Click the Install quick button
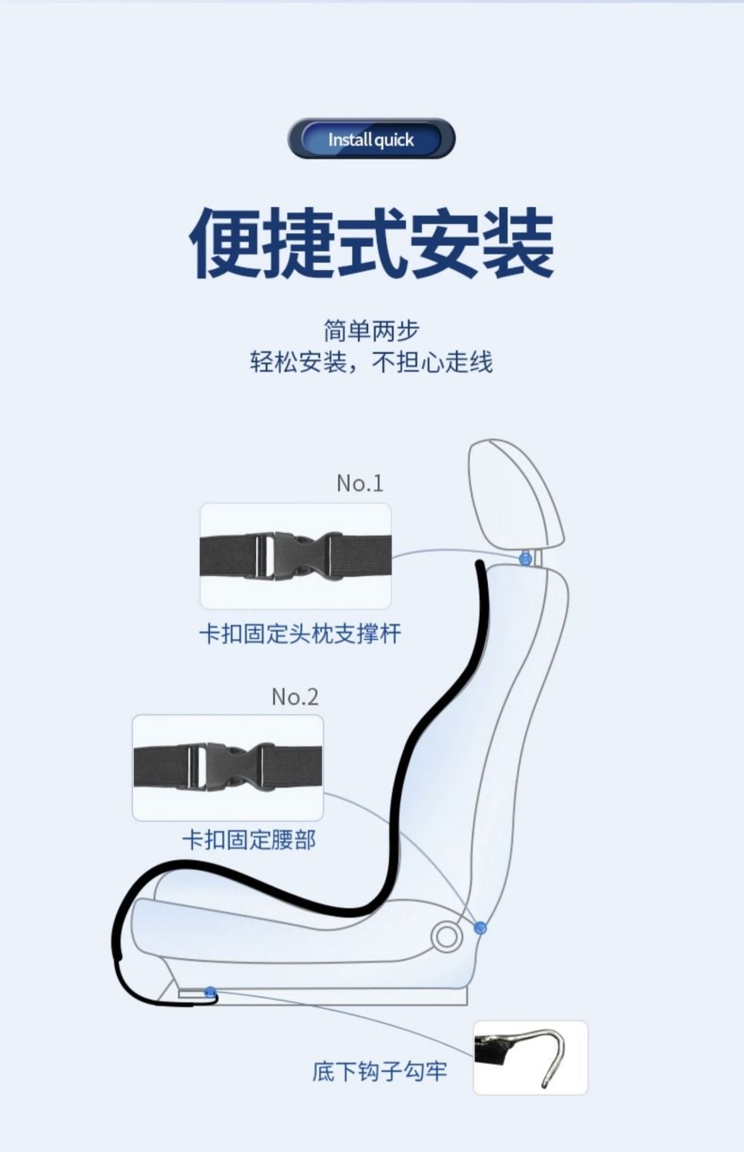point(371,139)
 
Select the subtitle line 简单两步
point(371,331)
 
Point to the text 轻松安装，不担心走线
point(371,362)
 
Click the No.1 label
point(359,483)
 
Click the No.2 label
point(294,697)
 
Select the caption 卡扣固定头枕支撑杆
point(300,634)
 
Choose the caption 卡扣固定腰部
point(249,839)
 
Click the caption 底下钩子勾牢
point(379,1070)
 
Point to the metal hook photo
point(530,1057)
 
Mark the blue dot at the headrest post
point(525,559)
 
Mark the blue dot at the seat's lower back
point(480,928)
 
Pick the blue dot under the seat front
point(210,992)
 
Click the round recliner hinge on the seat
point(445,937)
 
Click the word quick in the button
point(394,140)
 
